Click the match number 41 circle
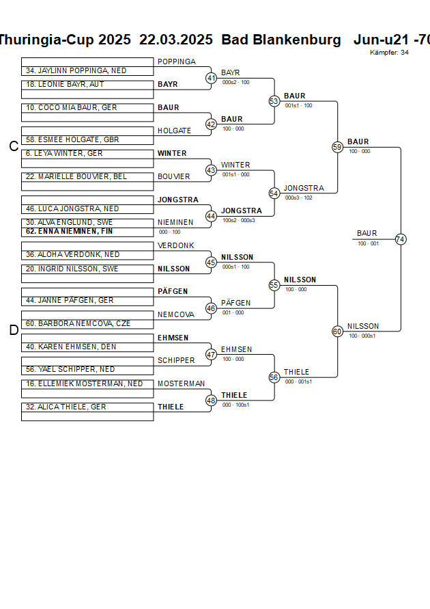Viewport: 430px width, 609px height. [211, 78]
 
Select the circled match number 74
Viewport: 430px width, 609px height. [401, 239]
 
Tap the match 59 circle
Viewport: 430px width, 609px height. [337, 147]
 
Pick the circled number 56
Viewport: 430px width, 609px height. [274, 377]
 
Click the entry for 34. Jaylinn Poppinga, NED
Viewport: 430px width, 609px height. [76, 71]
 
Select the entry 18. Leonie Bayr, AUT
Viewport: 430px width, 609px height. [66, 85]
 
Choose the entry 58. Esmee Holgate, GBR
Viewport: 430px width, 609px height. [73, 139]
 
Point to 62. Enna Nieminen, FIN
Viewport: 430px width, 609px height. [69, 232]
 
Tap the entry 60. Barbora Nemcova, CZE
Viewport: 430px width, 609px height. [78, 323]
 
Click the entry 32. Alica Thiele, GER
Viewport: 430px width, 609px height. [66, 407]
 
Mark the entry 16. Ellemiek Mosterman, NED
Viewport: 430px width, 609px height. [84, 383]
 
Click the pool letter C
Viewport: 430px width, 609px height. [13, 146]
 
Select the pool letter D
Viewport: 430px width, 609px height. [13, 331]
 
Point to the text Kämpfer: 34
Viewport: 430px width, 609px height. [389, 53]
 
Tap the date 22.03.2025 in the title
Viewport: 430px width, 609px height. [176, 40]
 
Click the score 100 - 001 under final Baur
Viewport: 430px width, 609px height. [368, 243]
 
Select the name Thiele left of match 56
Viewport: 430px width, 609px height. [296, 372]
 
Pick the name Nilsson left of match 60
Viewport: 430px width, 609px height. [362, 326]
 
